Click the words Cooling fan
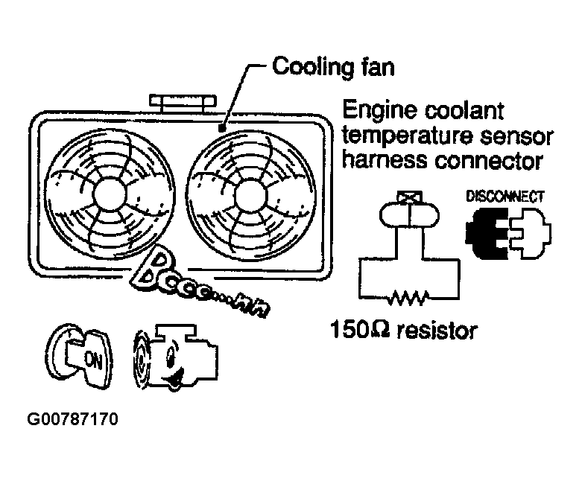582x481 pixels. [x=333, y=67]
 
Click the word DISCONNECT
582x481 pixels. [x=504, y=197]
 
